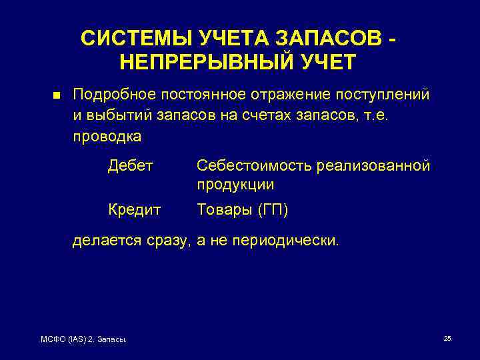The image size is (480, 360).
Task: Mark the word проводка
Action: tap(107, 137)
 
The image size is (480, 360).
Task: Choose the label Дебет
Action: tap(131, 165)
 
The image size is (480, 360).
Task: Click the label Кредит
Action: tap(134, 210)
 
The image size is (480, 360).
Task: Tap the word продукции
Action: tap(235, 185)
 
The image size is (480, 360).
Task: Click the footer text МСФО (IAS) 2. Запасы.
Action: tap(84, 341)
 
